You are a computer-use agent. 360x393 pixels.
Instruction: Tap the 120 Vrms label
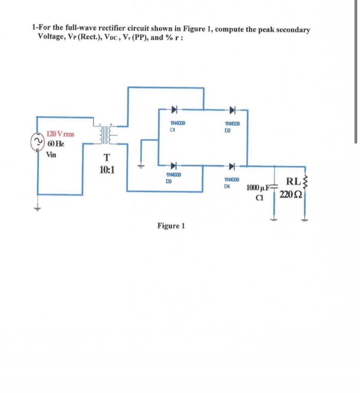[60, 134]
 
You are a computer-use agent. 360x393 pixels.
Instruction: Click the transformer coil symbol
[104, 134]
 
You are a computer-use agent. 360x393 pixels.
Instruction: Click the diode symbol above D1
[174, 110]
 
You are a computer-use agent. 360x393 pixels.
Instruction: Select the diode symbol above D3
[174, 166]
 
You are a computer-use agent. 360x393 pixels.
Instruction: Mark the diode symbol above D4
[232, 166]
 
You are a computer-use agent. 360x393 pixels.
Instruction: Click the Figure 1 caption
[171, 226]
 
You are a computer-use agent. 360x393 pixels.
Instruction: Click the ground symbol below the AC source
[38, 208]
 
